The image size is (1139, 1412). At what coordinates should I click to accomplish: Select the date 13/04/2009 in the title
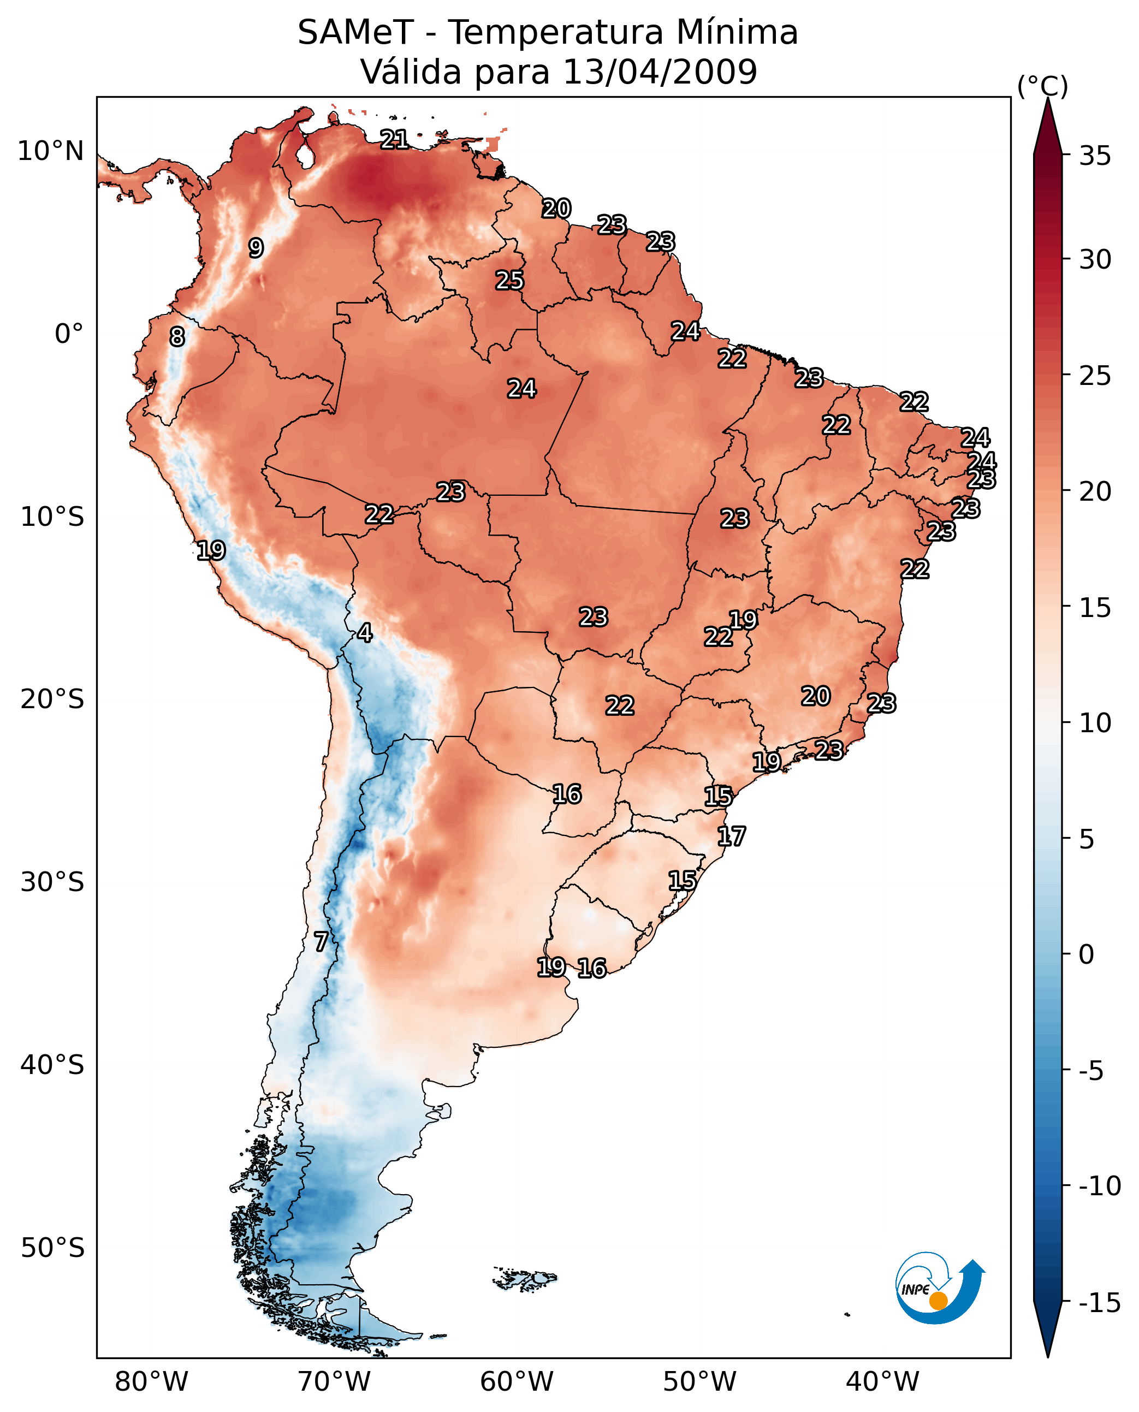[x=660, y=72]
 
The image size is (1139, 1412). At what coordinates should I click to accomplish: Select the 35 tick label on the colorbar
[x=1095, y=156]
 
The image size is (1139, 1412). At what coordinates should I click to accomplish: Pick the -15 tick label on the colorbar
[x=1100, y=1302]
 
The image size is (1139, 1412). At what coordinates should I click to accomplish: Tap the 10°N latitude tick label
[x=51, y=152]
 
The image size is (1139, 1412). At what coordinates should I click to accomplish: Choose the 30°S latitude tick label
[x=52, y=882]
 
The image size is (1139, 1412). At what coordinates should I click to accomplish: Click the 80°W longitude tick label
[x=152, y=1382]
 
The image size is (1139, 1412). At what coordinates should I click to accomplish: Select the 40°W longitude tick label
[x=882, y=1382]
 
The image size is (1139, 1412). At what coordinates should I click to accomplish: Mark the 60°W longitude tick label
[x=517, y=1382]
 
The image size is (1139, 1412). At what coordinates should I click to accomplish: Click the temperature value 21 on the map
[x=394, y=139]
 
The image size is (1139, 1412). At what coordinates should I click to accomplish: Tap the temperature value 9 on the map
[x=256, y=248]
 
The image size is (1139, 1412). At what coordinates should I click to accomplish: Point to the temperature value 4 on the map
[x=365, y=632]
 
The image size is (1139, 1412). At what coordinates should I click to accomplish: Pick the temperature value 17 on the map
[x=731, y=836]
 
